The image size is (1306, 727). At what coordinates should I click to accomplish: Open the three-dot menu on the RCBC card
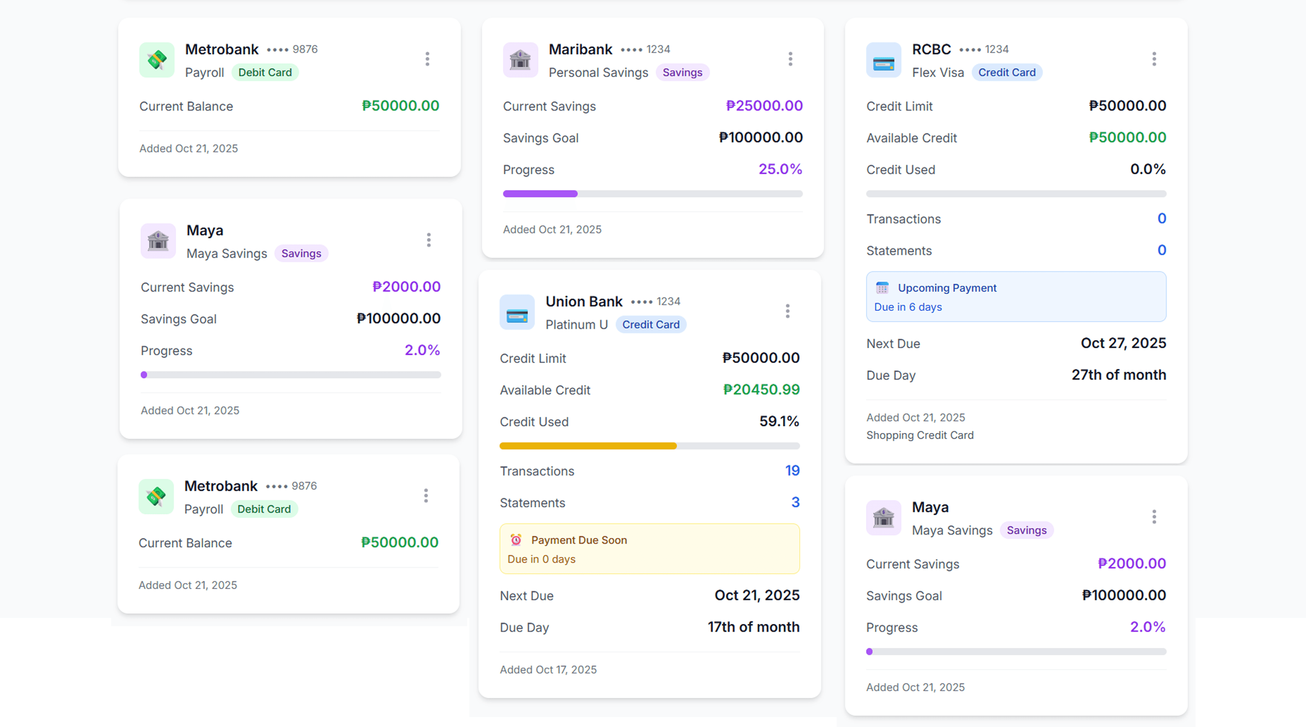1154,59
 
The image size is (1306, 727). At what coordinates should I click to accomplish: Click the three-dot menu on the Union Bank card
787,311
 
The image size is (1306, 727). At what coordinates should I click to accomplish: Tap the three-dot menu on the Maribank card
790,59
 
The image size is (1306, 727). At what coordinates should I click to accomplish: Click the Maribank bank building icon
520,60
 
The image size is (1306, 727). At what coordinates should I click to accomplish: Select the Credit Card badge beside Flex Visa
1006,72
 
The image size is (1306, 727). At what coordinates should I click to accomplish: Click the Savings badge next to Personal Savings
682,72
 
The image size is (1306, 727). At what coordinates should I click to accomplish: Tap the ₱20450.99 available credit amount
761,390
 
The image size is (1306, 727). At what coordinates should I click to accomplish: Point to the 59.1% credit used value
779,421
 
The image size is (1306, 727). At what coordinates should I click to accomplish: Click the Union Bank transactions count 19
792,471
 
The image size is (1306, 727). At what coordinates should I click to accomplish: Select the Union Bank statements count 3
795,502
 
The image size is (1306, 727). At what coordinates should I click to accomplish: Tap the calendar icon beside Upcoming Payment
882,288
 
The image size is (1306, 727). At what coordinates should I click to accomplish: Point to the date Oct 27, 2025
1123,343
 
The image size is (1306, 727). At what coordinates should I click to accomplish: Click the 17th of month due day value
753,627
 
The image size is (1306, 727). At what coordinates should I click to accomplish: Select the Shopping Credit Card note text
920,435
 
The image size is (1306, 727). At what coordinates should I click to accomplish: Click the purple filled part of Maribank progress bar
540,194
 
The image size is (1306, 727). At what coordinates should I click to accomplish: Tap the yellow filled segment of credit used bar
588,446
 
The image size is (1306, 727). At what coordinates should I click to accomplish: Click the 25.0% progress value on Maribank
780,169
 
